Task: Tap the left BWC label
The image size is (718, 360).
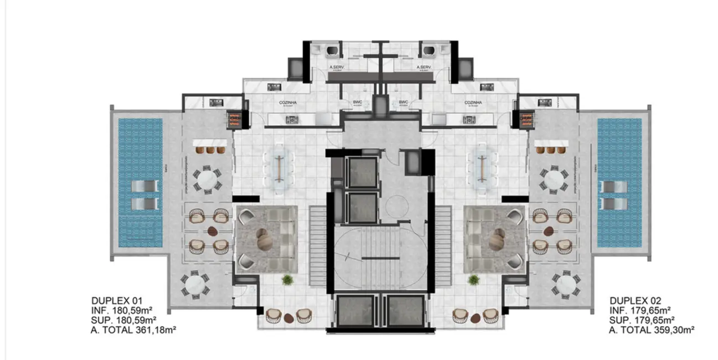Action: tap(358, 102)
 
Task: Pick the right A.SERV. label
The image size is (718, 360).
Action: tap(424, 67)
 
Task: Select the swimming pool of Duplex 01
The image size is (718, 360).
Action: tap(139, 183)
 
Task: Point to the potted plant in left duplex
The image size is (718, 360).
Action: tap(287, 280)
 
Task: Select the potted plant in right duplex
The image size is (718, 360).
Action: tap(474, 280)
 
